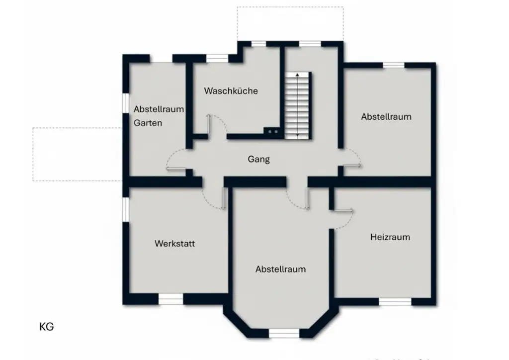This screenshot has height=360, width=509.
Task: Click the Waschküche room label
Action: [231, 91]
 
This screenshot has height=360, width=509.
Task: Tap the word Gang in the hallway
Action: [258, 159]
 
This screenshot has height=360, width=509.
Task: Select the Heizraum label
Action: [390, 237]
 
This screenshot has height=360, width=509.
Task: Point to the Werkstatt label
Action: [174, 244]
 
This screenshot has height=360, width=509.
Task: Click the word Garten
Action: [148, 123]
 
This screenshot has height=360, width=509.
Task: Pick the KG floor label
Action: [46, 327]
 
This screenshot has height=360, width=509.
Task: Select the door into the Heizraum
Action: [342, 211]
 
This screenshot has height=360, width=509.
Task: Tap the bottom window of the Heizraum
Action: [395, 301]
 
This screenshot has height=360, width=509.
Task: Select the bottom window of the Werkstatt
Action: [170, 298]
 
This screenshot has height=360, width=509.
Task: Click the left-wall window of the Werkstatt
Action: [126, 209]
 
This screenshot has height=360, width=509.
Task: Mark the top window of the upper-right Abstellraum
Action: [394, 65]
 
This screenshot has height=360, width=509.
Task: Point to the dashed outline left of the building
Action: [77, 154]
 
